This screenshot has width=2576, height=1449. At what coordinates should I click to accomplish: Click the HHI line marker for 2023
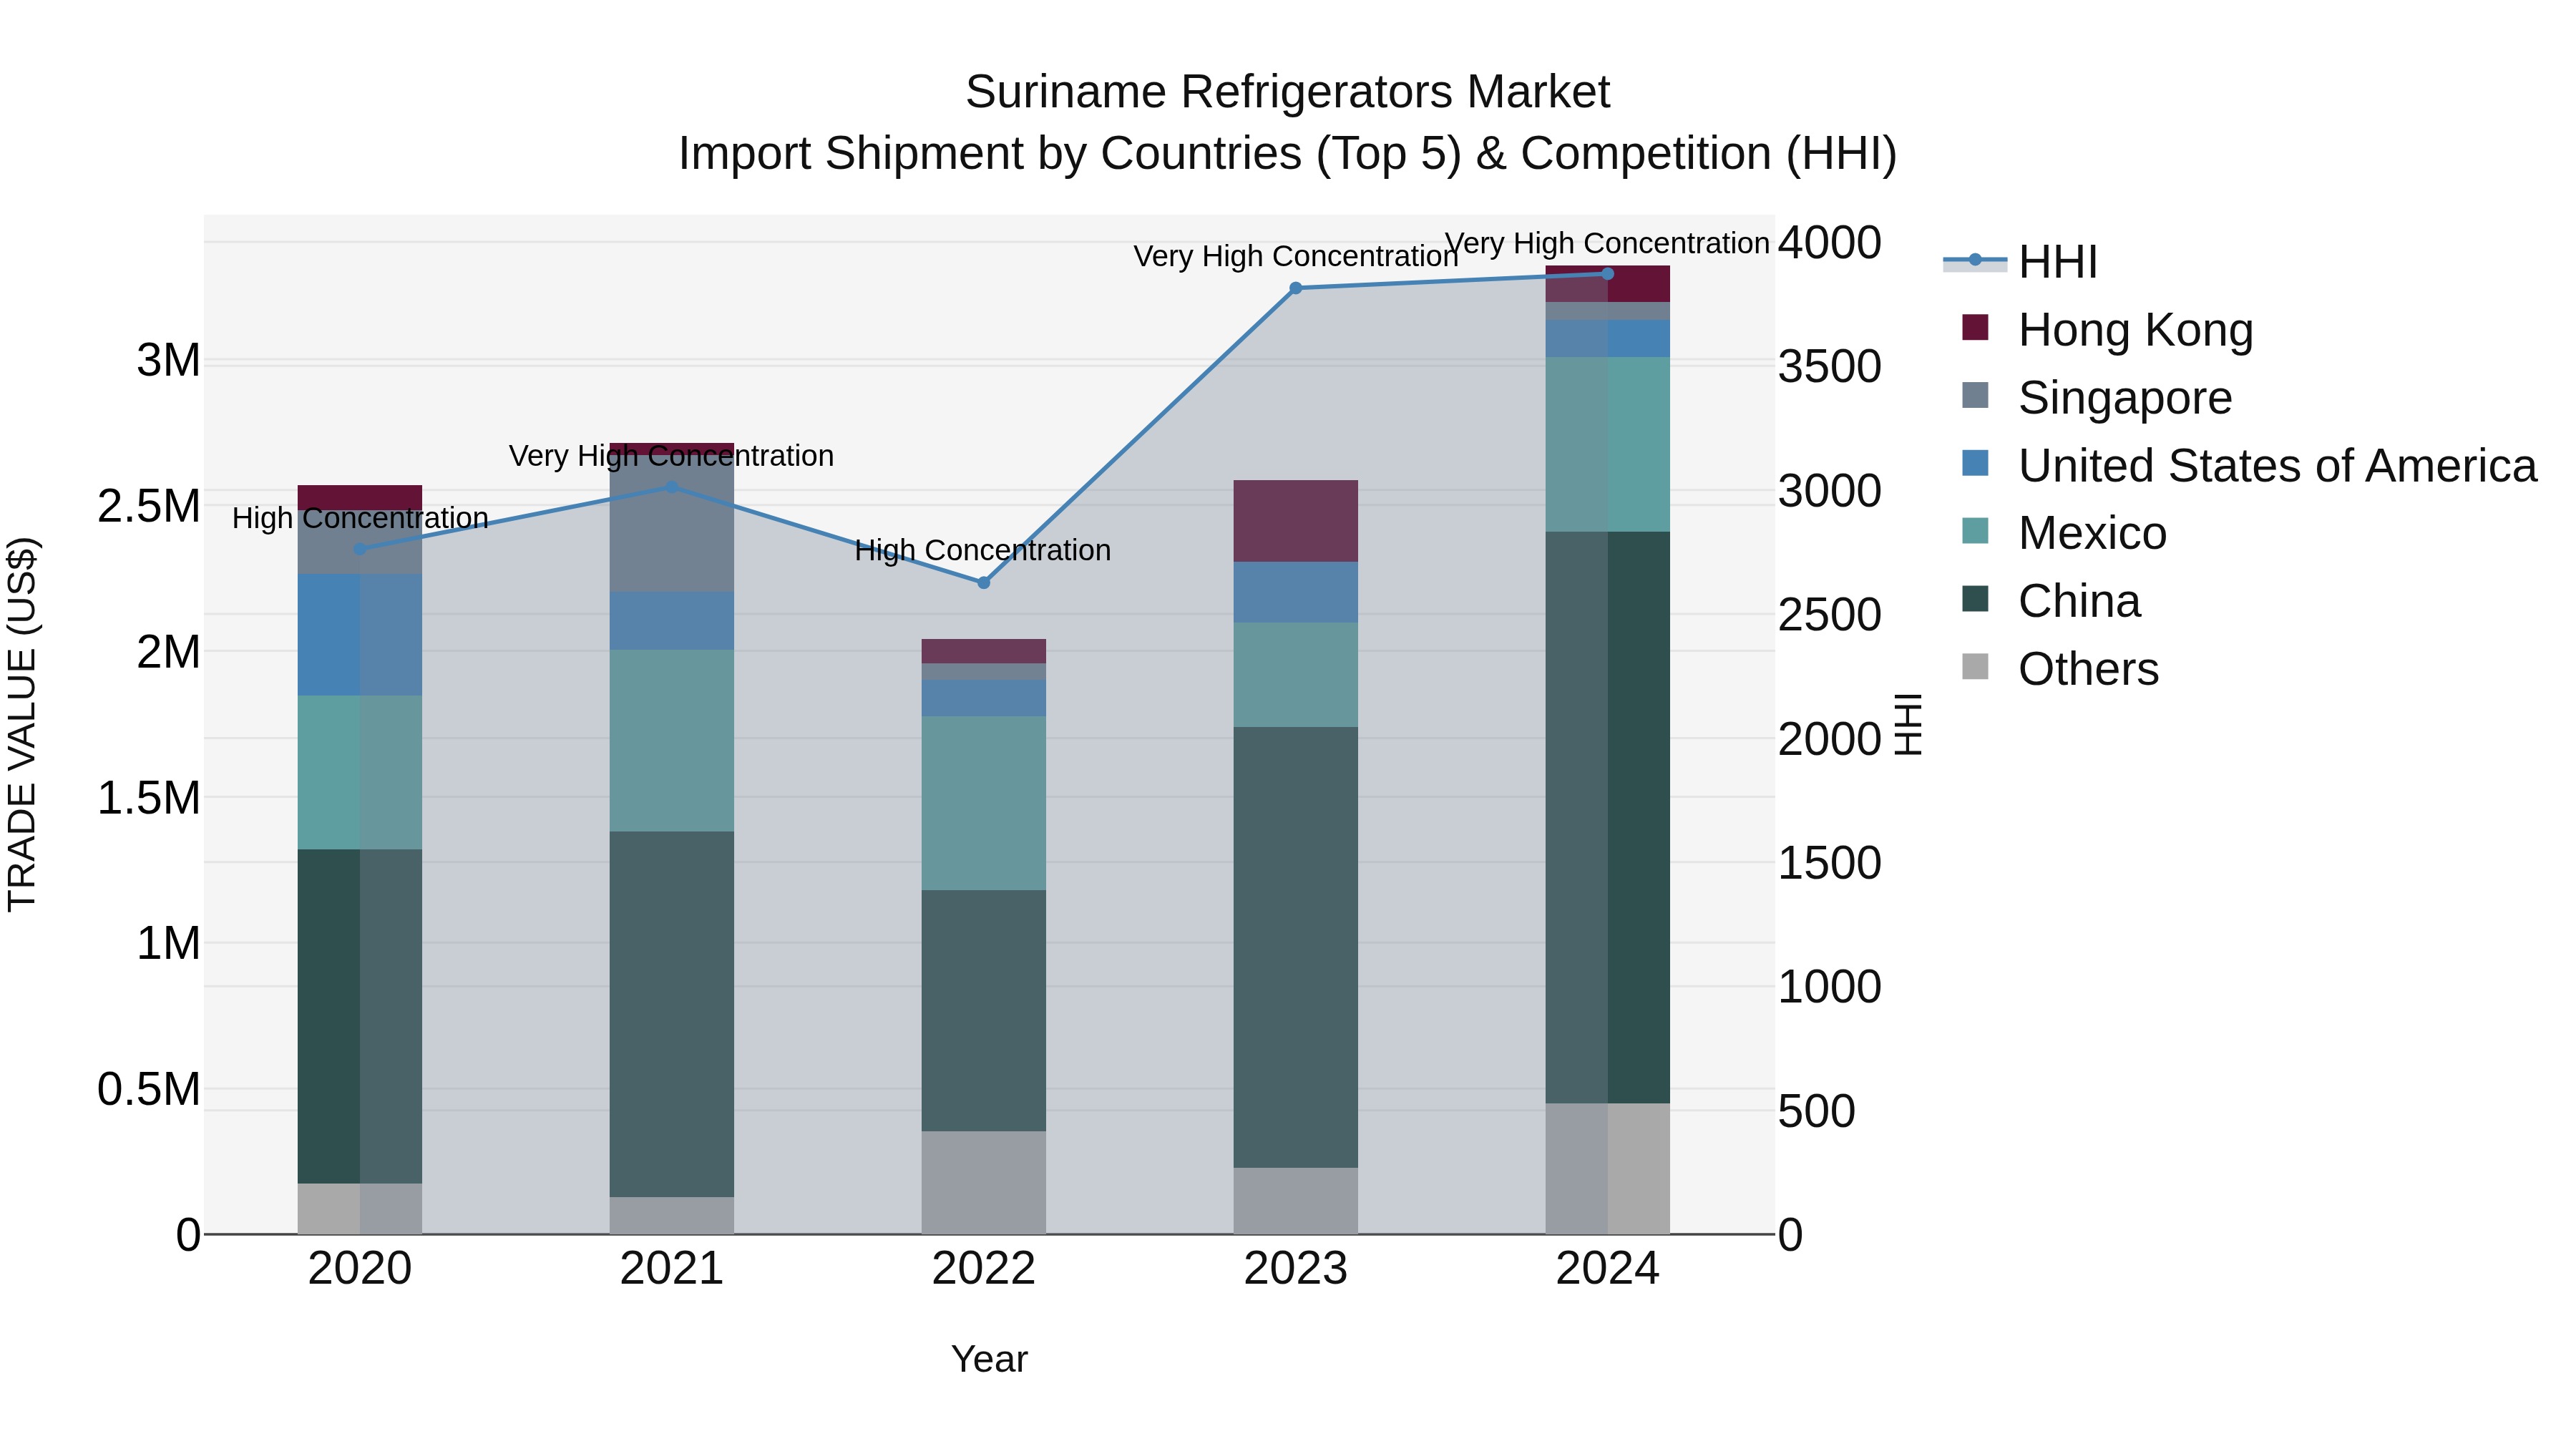point(1295,288)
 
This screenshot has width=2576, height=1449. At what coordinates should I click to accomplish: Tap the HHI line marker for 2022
point(983,582)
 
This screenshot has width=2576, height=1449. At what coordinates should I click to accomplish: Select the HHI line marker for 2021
point(671,487)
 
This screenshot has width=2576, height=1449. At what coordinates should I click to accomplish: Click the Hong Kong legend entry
point(2135,330)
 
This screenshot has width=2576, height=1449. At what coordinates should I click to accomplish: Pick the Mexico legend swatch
point(1975,531)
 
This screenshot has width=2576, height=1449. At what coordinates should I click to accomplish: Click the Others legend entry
point(2087,669)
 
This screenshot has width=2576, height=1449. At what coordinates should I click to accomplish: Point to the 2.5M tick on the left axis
point(148,506)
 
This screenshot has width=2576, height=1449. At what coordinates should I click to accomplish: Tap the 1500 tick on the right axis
point(1829,863)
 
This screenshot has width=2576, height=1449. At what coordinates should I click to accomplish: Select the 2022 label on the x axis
point(983,1269)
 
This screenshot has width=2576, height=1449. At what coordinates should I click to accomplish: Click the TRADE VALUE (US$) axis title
point(22,724)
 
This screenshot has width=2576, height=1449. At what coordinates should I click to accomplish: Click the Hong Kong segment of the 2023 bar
point(1295,520)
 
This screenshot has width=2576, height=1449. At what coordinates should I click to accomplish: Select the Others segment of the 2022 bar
point(983,1182)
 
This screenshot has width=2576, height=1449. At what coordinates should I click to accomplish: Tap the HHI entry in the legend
point(2057,262)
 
